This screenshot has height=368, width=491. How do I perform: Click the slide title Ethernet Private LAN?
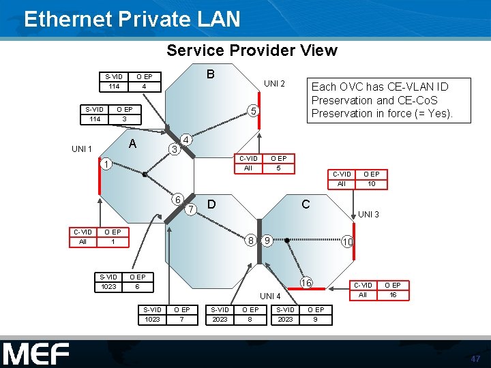coord(132,18)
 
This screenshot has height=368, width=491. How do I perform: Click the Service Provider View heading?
coord(252,50)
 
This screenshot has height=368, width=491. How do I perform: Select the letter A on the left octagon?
coord(134,144)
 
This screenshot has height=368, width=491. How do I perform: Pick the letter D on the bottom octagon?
coord(212,204)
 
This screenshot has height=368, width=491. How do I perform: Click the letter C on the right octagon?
coord(306,204)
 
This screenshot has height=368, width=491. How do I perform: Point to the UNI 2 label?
coord(274,84)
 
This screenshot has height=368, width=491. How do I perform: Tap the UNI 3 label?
coord(369,214)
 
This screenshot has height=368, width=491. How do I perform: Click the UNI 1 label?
coord(82,149)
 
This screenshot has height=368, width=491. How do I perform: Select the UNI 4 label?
coord(271,296)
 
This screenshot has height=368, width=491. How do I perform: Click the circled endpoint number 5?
coord(252,110)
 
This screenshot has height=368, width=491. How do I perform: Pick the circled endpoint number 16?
coord(307,282)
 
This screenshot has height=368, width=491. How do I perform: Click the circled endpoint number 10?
coord(348,242)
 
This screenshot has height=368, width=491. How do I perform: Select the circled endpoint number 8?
coord(252,240)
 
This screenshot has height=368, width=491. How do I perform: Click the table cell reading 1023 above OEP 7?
coord(152,319)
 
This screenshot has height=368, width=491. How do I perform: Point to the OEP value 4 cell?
coord(145,87)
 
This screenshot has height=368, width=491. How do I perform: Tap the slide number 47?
coord(475,358)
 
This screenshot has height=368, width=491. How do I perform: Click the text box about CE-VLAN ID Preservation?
coord(381,100)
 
